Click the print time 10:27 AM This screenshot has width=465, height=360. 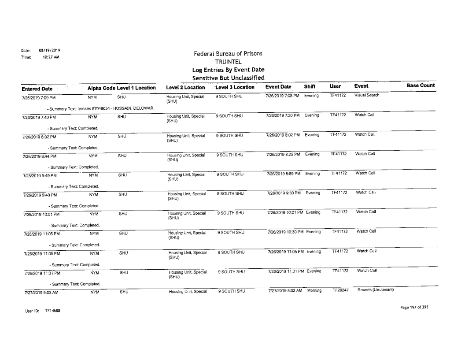point(39,56)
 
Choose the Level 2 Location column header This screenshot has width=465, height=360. point(181,87)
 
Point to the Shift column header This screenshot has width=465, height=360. point(314,87)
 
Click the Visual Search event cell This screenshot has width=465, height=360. point(368,95)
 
